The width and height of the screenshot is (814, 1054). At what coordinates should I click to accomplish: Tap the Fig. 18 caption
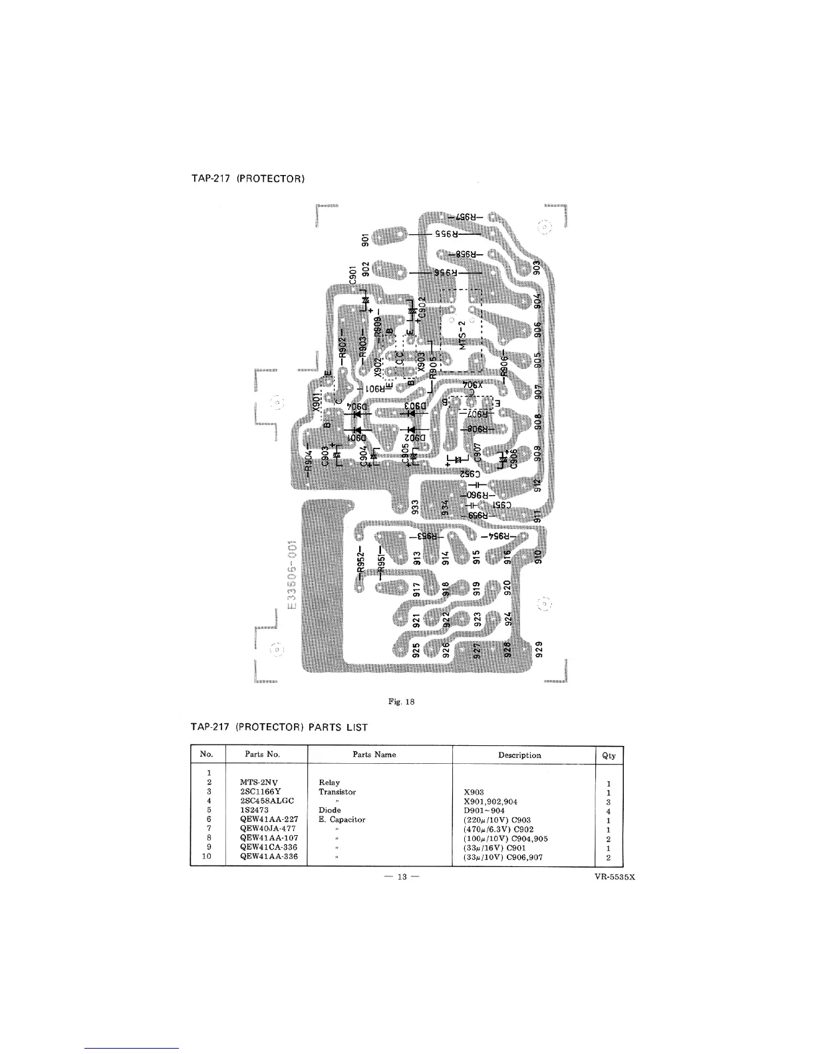[402, 701]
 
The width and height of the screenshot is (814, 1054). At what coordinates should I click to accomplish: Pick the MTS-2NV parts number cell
[259, 783]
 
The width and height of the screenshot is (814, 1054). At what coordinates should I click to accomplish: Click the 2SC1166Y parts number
[261, 792]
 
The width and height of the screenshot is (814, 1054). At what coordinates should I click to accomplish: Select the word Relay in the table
[330, 783]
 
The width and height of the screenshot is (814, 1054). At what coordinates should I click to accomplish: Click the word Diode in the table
[330, 810]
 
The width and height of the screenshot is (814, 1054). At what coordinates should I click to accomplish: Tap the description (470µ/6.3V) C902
[498, 830]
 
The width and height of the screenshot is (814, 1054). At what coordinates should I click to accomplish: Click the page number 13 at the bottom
[402, 876]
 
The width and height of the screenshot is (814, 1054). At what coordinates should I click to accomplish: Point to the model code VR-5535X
[616, 877]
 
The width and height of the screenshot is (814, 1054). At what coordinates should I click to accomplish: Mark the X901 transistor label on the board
[317, 400]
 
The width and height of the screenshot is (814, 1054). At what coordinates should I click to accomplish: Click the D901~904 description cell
[484, 810]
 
